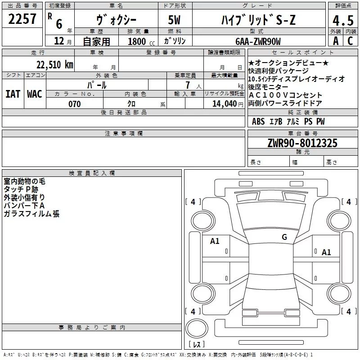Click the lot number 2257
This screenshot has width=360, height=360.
[22, 19]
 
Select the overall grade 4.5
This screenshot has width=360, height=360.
[343, 20]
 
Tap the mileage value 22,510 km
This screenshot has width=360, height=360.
[54, 64]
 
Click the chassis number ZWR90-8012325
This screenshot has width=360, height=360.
[302, 143]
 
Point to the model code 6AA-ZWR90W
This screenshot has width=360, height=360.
[258, 41]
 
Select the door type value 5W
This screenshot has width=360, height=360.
[174, 20]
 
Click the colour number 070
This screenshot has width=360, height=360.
[75, 104]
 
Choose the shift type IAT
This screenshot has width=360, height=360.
[13, 94]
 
